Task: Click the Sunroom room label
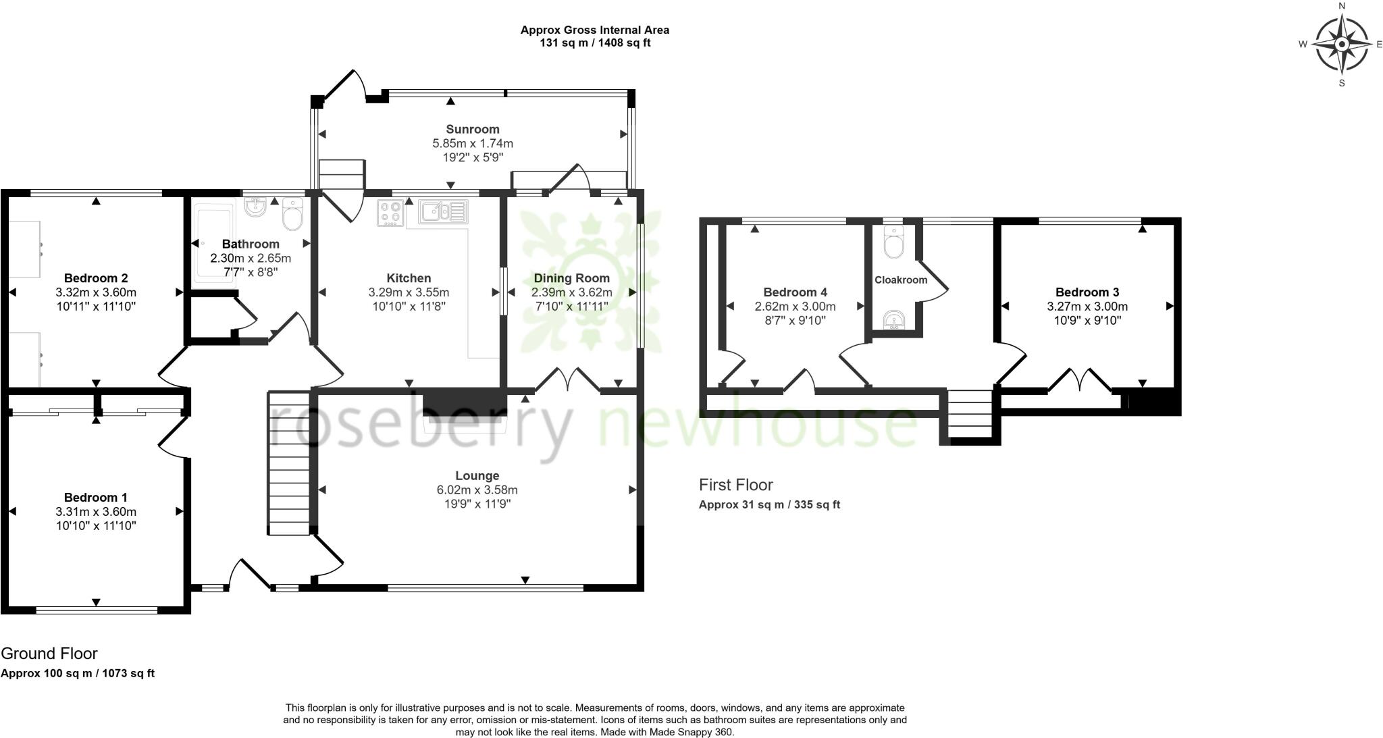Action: coord(472,129)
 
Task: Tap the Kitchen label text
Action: coord(409,278)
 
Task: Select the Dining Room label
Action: coord(571,278)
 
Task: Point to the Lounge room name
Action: coord(477,475)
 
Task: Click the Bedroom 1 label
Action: coord(95,498)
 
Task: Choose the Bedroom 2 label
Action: coord(96,278)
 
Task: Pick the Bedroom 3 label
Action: coord(1087,292)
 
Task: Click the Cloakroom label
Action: coord(901,280)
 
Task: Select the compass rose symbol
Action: coord(1342,45)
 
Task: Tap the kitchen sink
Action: coord(442,212)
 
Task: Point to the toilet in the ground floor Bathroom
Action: coord(293,215)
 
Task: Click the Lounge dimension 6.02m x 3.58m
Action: coord(477,490)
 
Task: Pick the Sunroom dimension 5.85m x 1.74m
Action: coord(472,143)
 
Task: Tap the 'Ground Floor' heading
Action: coord(49,653)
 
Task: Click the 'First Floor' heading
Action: coord(735,484)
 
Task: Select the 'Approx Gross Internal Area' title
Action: coord(594,30)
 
